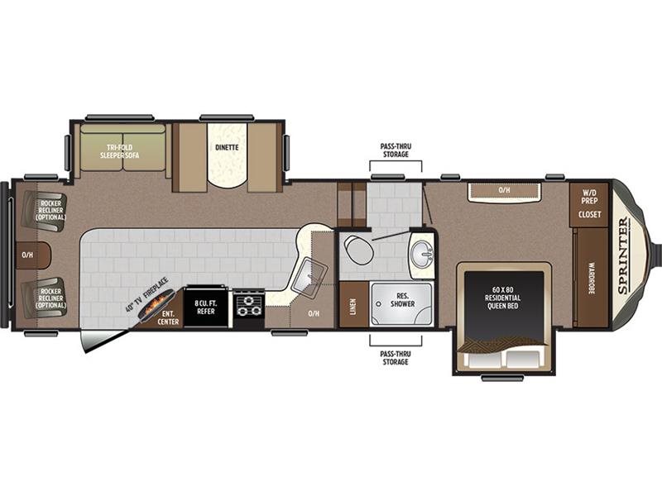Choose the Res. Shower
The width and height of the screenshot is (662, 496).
(x=402, y=303)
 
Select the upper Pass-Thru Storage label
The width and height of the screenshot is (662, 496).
(x=396, y=150)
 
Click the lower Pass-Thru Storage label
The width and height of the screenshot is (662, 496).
(x=396, y=358)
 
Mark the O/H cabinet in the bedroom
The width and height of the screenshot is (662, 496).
(x=504, y=191)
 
